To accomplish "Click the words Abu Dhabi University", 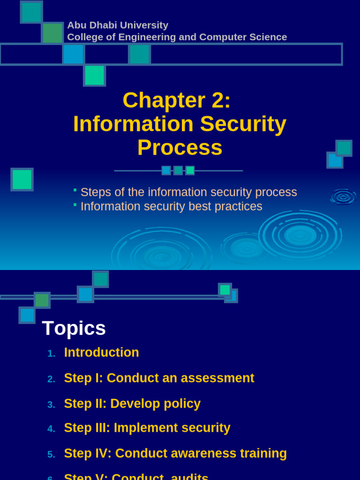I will point(118,25).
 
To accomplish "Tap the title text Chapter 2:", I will point(176,100).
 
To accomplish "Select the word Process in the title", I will point(180,147).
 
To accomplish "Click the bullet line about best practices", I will point(171,206).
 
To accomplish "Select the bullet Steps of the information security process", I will point(188,192).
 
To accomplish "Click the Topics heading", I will point(74,328).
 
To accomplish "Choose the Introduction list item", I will point(101,352).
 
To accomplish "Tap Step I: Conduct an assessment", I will point(159,378).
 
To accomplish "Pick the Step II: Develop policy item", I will point(132,404).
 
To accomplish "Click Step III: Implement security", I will point(147,428).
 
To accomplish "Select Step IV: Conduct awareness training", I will point(175,453).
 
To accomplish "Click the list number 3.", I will point(51,405).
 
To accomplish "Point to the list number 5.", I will point(51,455).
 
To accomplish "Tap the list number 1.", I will point(51,354).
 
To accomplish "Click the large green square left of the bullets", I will point(22,180).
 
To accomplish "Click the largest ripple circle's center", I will point(300,235).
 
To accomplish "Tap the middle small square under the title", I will point(178,171).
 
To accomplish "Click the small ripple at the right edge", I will point(343,197).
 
